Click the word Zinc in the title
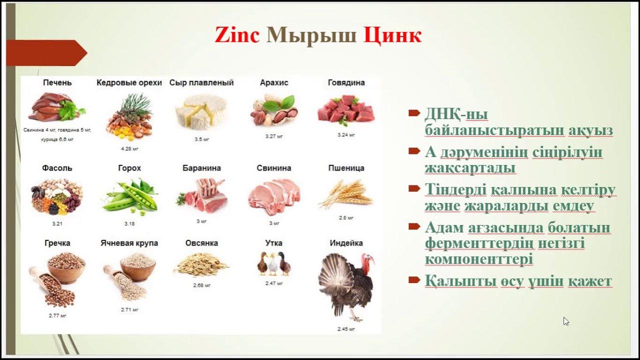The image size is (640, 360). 237,35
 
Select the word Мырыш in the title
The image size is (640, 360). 311,35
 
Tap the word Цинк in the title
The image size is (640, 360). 392,35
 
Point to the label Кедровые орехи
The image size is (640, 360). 129,83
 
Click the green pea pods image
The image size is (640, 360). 130,195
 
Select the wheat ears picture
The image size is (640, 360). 346,194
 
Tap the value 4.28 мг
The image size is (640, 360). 129,149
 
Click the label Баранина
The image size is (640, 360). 201,168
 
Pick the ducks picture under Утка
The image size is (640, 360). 273,263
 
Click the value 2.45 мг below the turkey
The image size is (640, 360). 346,329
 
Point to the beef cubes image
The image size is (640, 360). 346,110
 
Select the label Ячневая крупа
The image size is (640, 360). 129,243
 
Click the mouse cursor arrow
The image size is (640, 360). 565,321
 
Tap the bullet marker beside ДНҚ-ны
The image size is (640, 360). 413,113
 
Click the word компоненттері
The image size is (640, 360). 478,259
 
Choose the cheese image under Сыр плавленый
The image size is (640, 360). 201,111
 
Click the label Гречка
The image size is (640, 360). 57,243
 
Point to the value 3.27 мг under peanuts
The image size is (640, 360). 274,136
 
